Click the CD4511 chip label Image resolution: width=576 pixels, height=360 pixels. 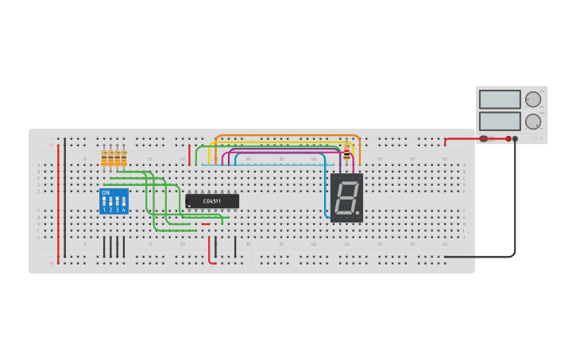[211, 201]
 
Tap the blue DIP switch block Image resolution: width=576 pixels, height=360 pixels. [114, 201]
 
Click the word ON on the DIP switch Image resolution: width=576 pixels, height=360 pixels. [106, 192]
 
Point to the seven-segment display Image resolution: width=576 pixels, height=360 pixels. [346, 197]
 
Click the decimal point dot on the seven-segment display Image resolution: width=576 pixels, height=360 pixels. [358, 213]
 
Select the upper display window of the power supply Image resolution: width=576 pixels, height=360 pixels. [500, 99]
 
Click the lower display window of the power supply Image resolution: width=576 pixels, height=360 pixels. [500, 122]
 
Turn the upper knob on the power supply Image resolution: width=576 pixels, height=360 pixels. [532, 100]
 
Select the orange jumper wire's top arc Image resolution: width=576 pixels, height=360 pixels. [286, 136]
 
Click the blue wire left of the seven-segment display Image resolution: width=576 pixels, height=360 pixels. [326, 195]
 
